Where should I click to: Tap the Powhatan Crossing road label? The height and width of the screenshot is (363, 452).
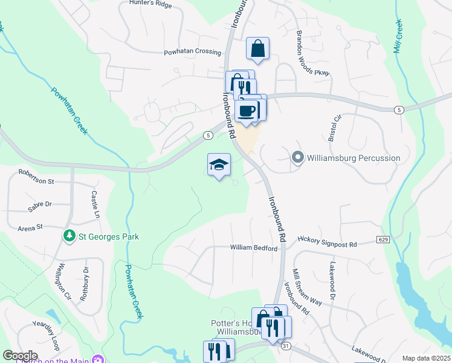point(193,52)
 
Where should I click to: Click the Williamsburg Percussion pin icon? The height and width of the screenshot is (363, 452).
point(297,158)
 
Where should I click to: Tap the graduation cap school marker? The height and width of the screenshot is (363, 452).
point(219,164)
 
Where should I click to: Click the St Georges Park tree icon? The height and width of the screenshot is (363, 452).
point(71,236)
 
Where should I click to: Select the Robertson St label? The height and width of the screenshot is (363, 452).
point(36,181)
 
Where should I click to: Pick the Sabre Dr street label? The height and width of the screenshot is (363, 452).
point(40,208)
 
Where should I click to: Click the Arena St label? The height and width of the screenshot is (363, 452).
point(31,227)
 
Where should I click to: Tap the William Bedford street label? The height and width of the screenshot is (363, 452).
point(253,248)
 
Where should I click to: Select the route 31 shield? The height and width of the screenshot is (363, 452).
point(286,345)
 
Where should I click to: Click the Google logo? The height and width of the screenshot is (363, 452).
point(21,356)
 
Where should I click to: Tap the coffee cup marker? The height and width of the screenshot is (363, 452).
point(247,111)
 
